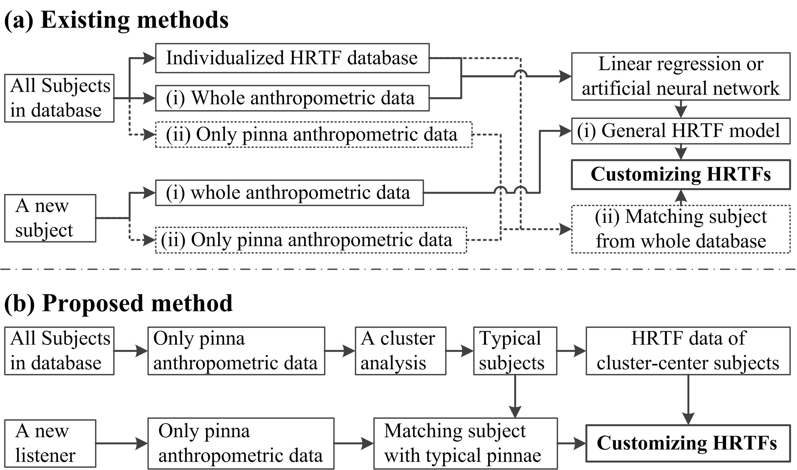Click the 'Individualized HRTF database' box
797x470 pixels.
292,58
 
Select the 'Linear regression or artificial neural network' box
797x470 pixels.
681,76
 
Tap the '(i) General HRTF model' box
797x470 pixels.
681,131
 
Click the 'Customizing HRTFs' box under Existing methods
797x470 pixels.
681,174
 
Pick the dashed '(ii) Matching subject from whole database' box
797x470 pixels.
681,229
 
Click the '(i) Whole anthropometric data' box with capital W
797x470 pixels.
292,98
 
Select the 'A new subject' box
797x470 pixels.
50,218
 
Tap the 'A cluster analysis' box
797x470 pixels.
400,351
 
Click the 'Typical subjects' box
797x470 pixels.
515,351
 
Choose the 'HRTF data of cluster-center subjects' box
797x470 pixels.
688,351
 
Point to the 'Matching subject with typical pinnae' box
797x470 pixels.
465,443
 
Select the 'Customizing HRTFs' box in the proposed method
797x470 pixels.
688,443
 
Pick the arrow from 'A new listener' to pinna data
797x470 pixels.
122,443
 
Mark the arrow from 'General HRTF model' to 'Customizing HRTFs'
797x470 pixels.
681,152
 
